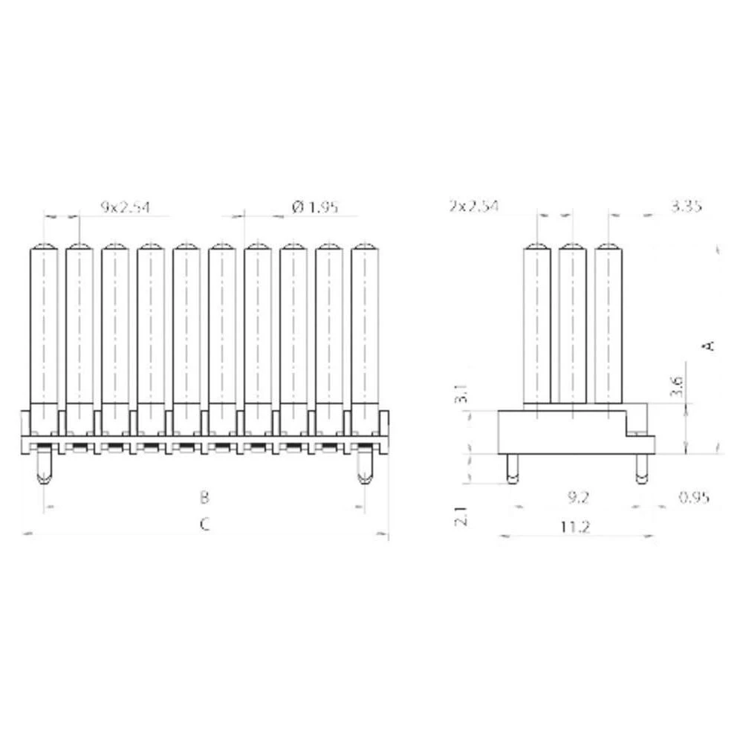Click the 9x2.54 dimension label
tap(125, 207)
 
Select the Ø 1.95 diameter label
tap(315, 207)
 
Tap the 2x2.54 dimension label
tap(473, 206)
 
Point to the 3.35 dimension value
tap(686, 206)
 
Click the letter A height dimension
tap(709, 345)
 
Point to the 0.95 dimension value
tap(693, 496)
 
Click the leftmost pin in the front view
tap(44, 327)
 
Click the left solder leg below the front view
tap(44, 468)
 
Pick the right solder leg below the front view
tap(363, 468)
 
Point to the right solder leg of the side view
tap(640, 468)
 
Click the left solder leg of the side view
tap(510, 468)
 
